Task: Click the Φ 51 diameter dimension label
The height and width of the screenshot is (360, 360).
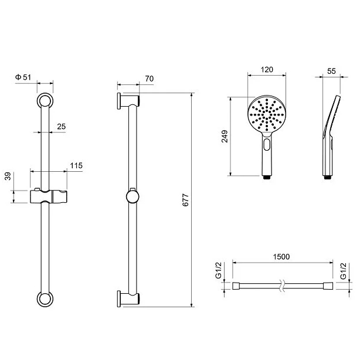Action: (23, 77)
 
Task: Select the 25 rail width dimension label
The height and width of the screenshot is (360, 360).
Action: (62, 127)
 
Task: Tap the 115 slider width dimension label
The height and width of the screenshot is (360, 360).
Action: (76, 165)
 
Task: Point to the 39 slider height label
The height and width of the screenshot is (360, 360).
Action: (8, 176)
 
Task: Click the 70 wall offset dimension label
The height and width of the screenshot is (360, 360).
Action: (150, 79)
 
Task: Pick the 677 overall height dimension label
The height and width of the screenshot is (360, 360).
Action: (185, 200)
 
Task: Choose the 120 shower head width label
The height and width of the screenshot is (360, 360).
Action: (267, 70)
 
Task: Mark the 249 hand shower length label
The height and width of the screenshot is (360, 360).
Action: (225, 137)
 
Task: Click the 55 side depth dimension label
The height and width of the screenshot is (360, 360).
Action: (331, 71)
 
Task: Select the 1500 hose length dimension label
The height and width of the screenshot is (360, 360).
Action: (281, 256)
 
